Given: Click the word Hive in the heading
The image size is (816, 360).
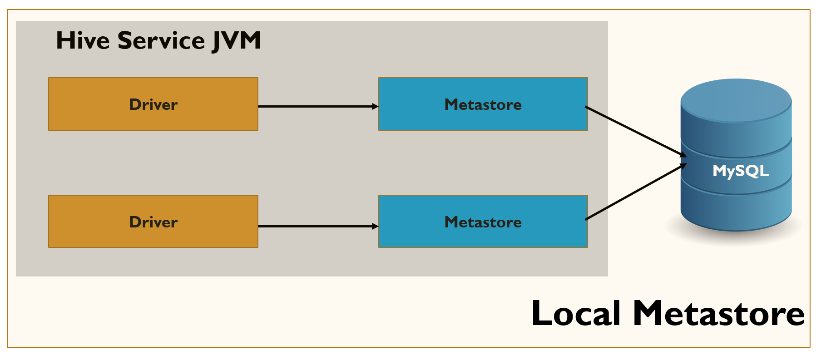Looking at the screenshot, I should click(x=83, y=40).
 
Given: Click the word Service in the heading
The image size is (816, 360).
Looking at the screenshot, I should click(x=161, y=40).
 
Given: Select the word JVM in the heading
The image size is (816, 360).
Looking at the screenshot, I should click(x=236, y=41).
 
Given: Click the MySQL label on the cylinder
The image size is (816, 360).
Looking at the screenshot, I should click(x=741, y=171).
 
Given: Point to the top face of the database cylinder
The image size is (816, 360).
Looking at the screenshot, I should click(x=736, y=100).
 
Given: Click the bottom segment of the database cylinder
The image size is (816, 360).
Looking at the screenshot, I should click(x=736, y=211).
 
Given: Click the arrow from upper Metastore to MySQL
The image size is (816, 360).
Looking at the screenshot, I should click(x=636, y=132).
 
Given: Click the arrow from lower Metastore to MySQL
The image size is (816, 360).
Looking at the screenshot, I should click(x=636, y=192).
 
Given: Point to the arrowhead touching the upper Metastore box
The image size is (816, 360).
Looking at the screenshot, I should click(x=375, y=106).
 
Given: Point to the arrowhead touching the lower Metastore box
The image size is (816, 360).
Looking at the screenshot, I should click(x=375, y=226).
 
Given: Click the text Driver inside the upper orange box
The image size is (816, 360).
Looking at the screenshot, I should click(x=153, y=104).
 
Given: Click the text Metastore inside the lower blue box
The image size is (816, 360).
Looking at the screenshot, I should click(x=483, y=222).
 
